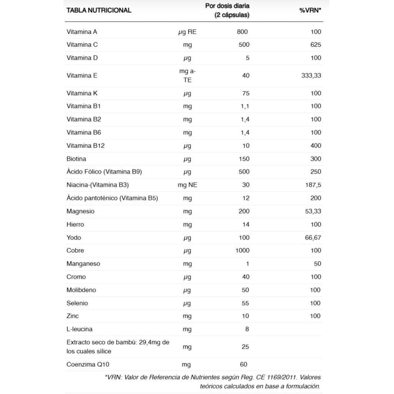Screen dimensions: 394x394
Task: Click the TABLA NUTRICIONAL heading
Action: click(x=99, y=10)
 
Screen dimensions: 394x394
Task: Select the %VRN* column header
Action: click(x=310, y=11)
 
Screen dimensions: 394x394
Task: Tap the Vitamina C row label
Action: click(x=82, y=45)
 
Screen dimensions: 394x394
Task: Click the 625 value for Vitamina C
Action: click(x=316, y=45)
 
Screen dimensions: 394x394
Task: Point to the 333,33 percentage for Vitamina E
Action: click(x=311, y=75)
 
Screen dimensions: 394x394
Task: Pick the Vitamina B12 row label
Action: click(x=85, y=145)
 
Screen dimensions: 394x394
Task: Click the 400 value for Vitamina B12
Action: click(x=316, y=145)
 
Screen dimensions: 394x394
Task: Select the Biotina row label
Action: click(x=76, y=159)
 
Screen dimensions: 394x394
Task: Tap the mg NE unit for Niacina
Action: click(x=187, y=185)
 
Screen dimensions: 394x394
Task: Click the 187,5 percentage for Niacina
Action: click(x=313, y=185)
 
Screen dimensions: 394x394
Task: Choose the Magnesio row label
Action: click(x=80, y=211)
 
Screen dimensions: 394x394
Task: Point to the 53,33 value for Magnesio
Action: click(x=313, y=211)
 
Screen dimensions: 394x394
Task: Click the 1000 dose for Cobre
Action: click(x=242, y=250)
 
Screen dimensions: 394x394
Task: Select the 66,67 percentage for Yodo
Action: click(x=313, y=237)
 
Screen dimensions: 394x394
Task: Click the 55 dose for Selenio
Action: click(x=245, y=303)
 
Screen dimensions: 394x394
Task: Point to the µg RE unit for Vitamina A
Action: click(x=187, y=32)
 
